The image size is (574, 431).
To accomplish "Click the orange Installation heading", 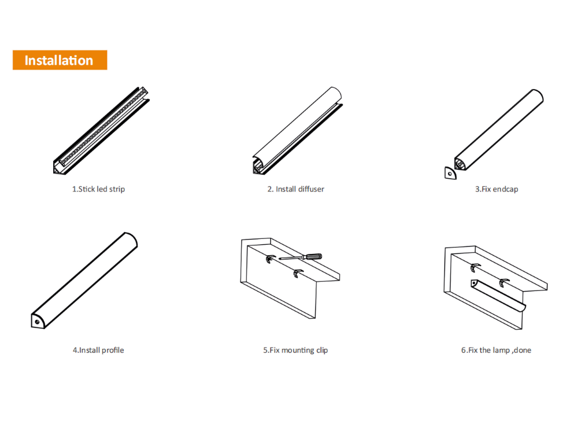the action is pyautogui.click(x=60, y=60).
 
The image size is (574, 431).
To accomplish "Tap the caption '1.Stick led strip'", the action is pyautogui.click(x=98, y=189).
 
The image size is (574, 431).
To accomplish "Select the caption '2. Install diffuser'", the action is pyautogui.click(x=296, y=189).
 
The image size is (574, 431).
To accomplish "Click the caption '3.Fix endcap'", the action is pyautogui.click(x=497, y=189).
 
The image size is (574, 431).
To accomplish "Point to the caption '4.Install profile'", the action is pyautogui.click(x=98, y=350).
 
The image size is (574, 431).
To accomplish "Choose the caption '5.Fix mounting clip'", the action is pyautogui.click(x=295, y=350).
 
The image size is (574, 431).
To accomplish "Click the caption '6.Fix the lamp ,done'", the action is pyautogui.click(x=496, y=350).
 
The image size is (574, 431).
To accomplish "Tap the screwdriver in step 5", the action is pyautogui.click(x=301, y=256).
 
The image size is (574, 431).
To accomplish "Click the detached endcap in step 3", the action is pyautogui.click(x=450, y=174).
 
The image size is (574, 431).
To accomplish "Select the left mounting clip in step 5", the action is pyautogui.click(x=270, y=259).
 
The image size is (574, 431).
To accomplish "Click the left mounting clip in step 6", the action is pyautogui.click(x=475, y=267).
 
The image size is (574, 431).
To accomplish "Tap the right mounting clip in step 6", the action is pyautogui.click(x=503, y=283).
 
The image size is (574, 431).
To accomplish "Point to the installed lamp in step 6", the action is pyautogui.click(x=498, y=296).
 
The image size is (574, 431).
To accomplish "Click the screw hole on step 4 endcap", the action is pyautogui.click(x=37, y=322).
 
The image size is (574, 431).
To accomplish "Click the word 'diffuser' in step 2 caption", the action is pyautogui.click(x=311, y=189).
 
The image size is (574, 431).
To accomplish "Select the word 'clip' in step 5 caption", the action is pyautogui.click(x=322, y=350).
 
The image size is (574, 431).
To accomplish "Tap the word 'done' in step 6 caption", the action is pyautogui.click(x=523, y=350).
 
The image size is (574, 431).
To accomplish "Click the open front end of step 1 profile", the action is pyautogui.click(x=58, y=167).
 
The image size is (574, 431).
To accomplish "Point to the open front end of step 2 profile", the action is pyautogui.click(x=259, y=165).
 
